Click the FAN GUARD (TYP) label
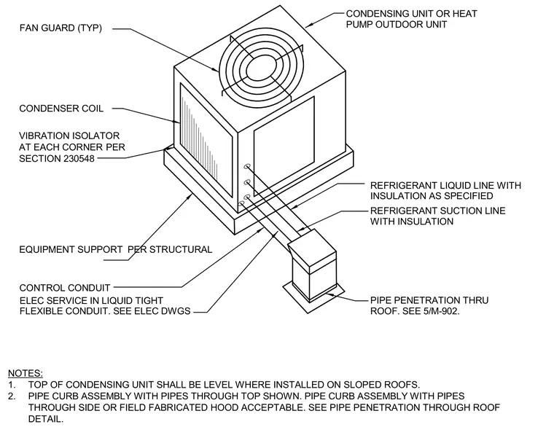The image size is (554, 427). [x=61, y=28]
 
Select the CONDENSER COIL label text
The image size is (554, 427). [x=61, y=109]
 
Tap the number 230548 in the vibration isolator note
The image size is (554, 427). [x=79, y=159]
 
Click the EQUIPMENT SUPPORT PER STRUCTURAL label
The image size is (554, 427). [x=115, y=250]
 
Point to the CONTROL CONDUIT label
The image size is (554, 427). [x=65, y=288]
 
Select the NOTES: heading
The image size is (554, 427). [x=26, y=373]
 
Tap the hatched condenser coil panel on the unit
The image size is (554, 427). [x=206, y=140]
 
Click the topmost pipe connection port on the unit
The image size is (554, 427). [x=247, y=166]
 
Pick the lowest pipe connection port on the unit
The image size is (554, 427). [x=242, y=203]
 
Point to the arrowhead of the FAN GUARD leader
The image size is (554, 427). [x=216, y=70]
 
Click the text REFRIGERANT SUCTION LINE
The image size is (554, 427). [x=438, y=211]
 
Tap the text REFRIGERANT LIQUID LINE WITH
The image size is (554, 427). [x=445, y=185]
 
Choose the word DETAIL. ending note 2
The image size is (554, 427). [x=46, y=419]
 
